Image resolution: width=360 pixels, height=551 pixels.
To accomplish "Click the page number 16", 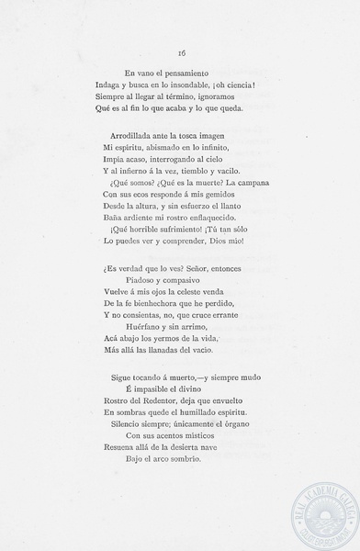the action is click(181, 53).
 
